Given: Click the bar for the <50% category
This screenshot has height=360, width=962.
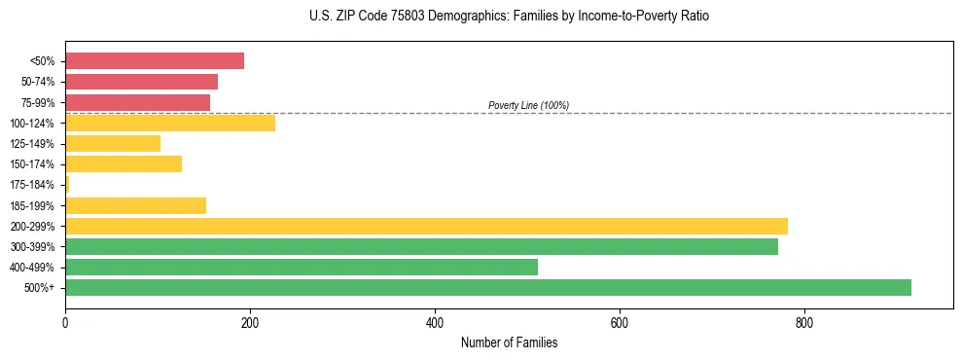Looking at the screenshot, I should click(154, 60).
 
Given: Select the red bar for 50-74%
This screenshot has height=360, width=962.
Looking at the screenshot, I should click(141, 82).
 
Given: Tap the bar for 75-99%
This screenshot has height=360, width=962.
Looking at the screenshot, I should click(137, 102).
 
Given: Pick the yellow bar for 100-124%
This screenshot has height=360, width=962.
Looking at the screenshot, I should click(169, 123).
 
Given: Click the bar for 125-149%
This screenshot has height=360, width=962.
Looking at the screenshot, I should click(112, 143).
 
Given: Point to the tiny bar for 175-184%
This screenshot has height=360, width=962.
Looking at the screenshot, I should click(67, 184).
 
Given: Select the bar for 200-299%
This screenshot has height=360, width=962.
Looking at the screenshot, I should click(426, 226).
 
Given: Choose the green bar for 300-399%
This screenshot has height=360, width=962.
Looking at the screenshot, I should click(421, 246).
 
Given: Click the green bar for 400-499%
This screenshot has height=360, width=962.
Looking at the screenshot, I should click(301, 267).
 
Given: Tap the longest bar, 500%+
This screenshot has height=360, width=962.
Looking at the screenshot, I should click(487, 287).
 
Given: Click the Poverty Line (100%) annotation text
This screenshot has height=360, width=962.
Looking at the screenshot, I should click(528, 105).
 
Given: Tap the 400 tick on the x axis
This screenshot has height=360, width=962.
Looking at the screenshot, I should click(435, 322).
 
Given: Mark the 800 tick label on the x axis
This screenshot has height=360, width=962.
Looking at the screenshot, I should click(804, 322).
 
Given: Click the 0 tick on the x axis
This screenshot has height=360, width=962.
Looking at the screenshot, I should click(65, 322).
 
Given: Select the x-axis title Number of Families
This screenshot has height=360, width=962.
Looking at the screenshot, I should click(509, 342).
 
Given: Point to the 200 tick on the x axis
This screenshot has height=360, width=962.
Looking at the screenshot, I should click(250, 322).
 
